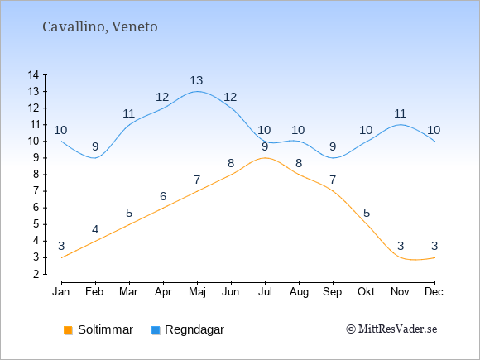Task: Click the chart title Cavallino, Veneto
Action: [x=100, y=26]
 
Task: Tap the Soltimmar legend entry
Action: [x=98, y=329]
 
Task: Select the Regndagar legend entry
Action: [x=188, y=329]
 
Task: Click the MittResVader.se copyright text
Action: [x=391, y=329]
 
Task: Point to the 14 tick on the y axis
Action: [x=33, y=74]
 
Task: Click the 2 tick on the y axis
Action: [x=36, y=274]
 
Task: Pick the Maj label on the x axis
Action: [x=197, y=292]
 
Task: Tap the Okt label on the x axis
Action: [x=366, y=292]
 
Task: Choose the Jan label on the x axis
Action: [x=61, y=292]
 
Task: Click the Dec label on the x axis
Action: [x=434, y=292]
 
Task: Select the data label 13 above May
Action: [x=196, y=80]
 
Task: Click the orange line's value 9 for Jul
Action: [x=265, y=147]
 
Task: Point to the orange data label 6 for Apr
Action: [x=163, y=196]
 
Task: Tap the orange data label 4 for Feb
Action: [x=95, y=229]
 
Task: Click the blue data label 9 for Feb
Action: [x=95, y=147]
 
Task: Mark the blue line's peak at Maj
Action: [x=197, y=91]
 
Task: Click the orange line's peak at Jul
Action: [x=265, y=158]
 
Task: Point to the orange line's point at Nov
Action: [x=401, y=257]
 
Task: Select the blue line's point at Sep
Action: [x=333, y=158]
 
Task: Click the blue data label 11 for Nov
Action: [x=400, y=114]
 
